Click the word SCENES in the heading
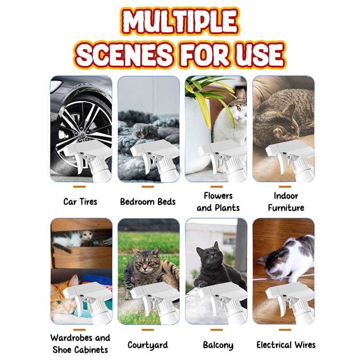[x=124, y=55]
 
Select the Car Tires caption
[x=80, y=202]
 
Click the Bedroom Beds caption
[x=148, y=202]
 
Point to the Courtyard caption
[x=148, y=345]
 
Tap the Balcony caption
[x=218, y=345]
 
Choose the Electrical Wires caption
[x=286, y=345]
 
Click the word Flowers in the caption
[x=218, y=196]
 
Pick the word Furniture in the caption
[x=286, y=208]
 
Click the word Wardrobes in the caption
[x=72, y=338]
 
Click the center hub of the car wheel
[x=82, y=134]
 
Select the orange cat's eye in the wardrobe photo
[x=60, y=302]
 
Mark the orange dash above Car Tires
[x=79, y=187]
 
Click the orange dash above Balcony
[x=216, y=330]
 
